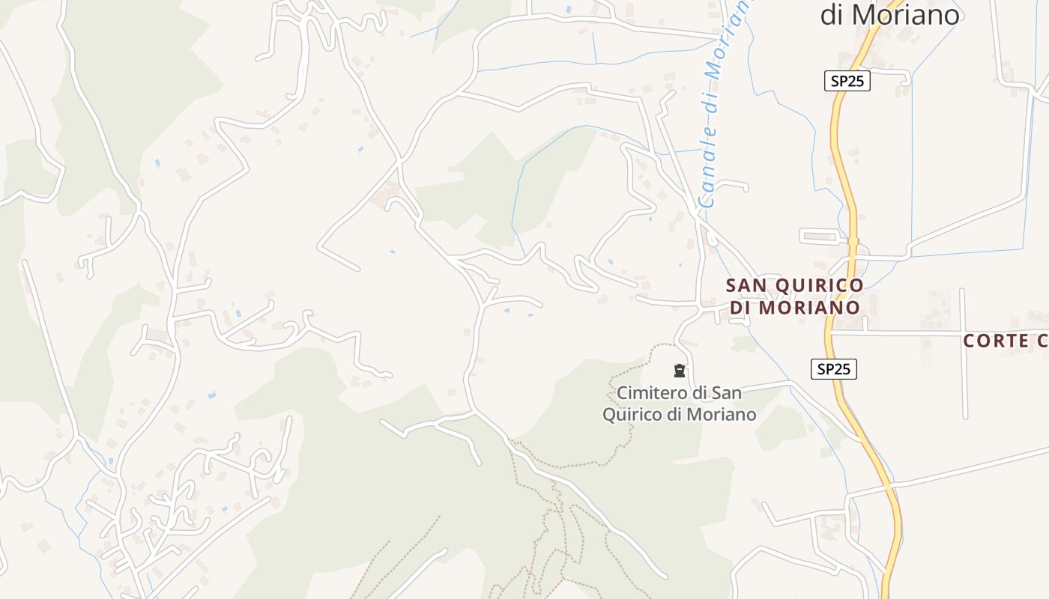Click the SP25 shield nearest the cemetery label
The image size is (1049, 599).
tap(833, 368)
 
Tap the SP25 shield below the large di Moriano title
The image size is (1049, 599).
tap(847, 81)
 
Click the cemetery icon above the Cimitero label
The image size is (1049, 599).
tap(680, 370)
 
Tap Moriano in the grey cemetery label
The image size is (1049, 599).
tap(722, 414)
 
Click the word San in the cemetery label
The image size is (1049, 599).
tap(727, 392)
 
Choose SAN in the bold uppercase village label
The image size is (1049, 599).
tap(746, 286)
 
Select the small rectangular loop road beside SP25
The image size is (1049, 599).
tap(821, 237)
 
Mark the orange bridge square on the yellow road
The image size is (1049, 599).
tap(853, 241)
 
